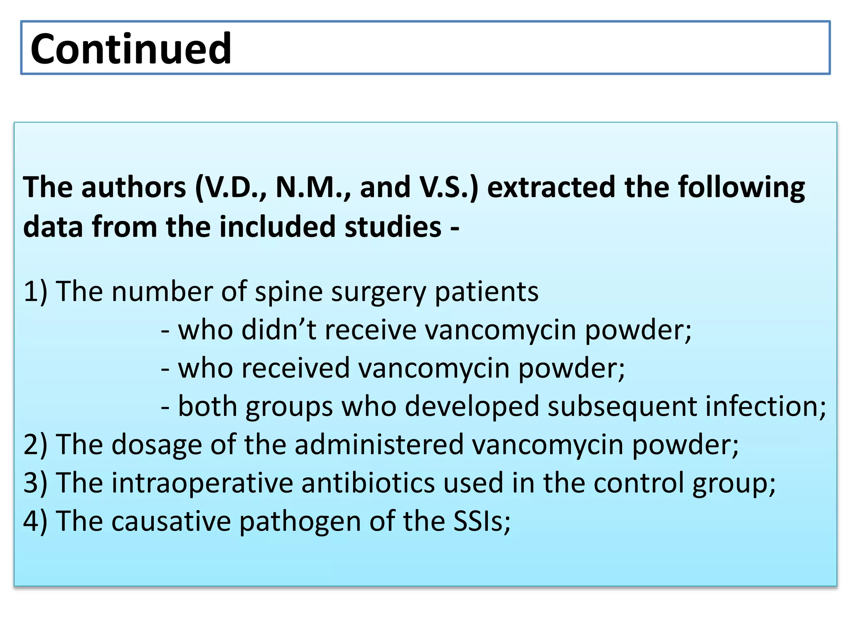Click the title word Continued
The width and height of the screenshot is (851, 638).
pos(131,49)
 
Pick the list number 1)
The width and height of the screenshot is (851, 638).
pos(36,292)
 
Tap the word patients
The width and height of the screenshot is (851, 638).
pos(486,292)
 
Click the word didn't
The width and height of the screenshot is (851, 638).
pos(279,330)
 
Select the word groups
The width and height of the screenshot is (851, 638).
pos(289,407)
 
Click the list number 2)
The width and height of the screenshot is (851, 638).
pos(36,445)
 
